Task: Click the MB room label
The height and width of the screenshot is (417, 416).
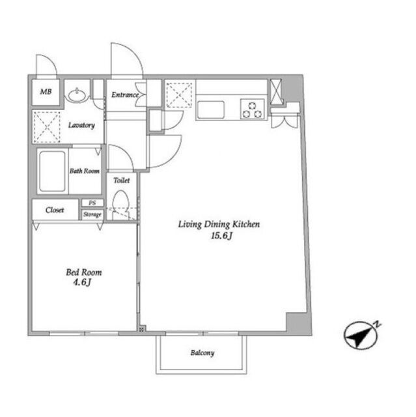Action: click(x=46, y=92)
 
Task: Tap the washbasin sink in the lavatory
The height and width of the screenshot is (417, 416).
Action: click(x=77, y=94)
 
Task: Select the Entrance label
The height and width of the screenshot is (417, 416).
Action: click(x=125, y=94)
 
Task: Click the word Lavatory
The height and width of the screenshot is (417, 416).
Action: click(x=81, y=125)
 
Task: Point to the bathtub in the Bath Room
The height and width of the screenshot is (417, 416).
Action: click(x=52, y=171)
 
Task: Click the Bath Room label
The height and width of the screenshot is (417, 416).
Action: click(x=85, y=171)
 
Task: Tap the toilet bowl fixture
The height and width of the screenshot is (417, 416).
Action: click(x=121, y=204)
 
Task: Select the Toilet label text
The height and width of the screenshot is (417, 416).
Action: click(x=122, y=180)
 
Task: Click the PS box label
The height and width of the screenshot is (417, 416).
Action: click(x=92, y=203)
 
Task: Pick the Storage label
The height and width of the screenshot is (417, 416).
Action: click(x=92, y=214)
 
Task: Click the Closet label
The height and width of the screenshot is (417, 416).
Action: click(x=55, y=210)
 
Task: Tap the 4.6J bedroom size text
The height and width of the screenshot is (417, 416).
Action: click(x=82, y=282)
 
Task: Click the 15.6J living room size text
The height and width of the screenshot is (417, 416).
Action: click(x=222, y=236)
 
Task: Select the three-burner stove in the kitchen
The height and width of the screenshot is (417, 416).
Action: click(x=253, y=109)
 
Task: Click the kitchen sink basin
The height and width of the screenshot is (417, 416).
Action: click(x=211, y=109)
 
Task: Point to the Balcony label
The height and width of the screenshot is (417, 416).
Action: click(x=202, y=353)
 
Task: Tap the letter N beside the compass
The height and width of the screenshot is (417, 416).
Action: click(x=377, y=324)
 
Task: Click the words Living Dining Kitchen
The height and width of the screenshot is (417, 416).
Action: click(x=219, y=224)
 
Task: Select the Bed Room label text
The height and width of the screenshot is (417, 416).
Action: click(x=84, y=272)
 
